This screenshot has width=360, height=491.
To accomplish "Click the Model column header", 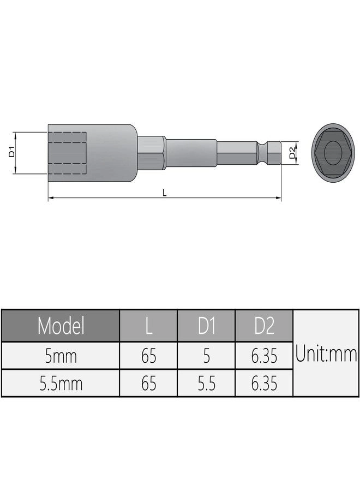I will [x=61, y=326].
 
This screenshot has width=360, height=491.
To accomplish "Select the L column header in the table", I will [x=148, y=326].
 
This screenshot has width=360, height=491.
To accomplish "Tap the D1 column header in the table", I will [x=206, y=326].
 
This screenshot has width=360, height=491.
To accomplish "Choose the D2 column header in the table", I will [x=264, y=326].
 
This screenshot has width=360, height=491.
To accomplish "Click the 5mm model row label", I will [x=61, y=356].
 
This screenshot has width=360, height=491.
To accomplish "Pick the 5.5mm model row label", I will [x=61, y=384].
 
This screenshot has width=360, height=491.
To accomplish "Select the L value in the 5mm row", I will [x=148, y=356].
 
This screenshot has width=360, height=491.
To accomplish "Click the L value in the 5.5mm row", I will [x=148, y=384].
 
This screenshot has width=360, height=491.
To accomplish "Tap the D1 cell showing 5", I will [x=206, y=356].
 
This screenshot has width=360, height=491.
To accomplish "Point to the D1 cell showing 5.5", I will [x=206, y=384].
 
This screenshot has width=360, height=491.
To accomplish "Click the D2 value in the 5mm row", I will [x=264, y=356].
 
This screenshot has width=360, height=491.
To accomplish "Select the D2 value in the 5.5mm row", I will [x=264, y=384].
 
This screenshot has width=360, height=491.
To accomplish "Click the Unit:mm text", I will [x=326, y=354].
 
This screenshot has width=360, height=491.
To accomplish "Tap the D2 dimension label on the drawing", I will [x=292, y=153].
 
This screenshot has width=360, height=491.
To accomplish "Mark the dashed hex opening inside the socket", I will [x=68, y=153].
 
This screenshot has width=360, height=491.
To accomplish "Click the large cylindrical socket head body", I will [x=109, y=153].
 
